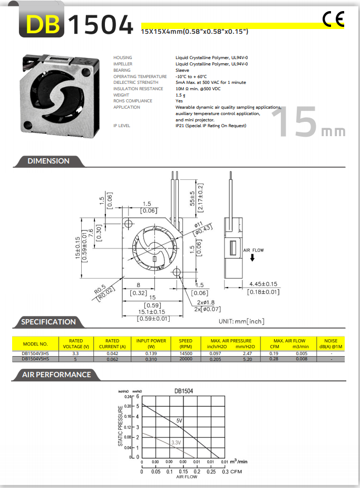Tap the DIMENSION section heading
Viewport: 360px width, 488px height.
(48, 161)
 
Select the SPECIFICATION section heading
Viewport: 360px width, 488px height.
(48, 322)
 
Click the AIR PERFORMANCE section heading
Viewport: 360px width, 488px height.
(56, 375)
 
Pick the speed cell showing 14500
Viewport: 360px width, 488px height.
(186, 353)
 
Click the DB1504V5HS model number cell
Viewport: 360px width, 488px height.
(35, 359)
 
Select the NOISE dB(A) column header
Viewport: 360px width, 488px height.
(330, 343)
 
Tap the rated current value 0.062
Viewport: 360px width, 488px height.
(112, 359)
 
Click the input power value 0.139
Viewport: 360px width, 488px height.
(151, 353)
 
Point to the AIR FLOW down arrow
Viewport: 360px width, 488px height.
(253, 258)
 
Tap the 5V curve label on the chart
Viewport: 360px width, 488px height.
(179, 421)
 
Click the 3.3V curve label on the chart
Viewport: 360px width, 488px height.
(176, 443)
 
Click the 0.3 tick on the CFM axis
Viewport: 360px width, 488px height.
(225, 471)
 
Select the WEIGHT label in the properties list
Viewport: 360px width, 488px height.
(121, 95)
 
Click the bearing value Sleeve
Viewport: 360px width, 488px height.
(182, 70)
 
